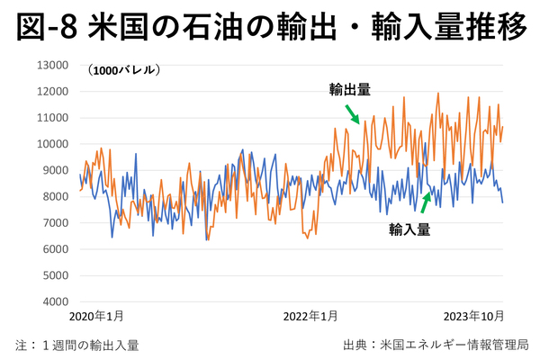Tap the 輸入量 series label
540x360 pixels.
pyautogui.click(x=409, y=229)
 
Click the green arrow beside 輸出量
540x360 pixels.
pyautogui.click(x=352, y=113)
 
